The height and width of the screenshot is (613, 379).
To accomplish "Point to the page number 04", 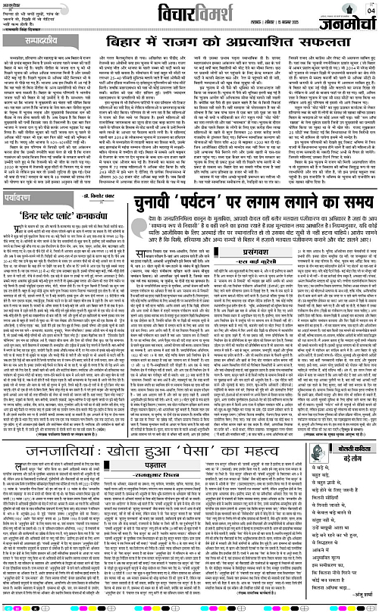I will click(370, 11).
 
